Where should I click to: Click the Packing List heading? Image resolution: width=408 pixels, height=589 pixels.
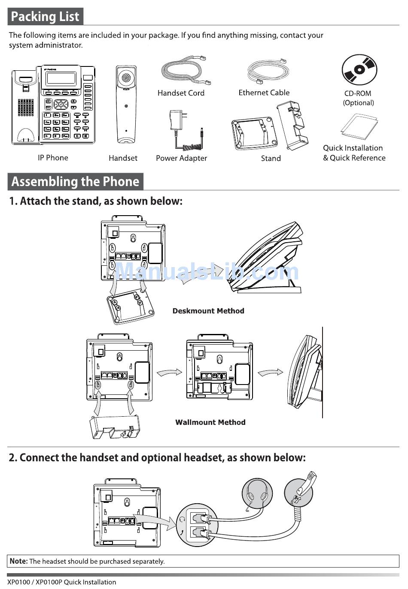click(45, 17)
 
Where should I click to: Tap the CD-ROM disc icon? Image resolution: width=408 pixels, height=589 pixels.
click(359, 70)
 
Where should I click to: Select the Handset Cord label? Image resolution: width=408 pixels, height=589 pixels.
click(181, 93)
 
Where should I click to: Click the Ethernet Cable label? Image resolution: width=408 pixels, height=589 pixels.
click(264, 93)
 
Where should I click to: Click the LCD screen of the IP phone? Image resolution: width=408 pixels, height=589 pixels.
click(61, 78)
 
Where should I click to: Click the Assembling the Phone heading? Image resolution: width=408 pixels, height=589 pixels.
click(75, 181)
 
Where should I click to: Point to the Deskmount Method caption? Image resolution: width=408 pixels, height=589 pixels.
click(208, 311)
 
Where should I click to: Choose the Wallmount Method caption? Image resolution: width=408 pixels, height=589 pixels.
click(210, 422)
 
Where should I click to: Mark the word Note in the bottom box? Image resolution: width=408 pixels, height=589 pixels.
click(18, 561)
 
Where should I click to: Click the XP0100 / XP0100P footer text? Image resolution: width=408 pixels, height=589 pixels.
click(61, 582)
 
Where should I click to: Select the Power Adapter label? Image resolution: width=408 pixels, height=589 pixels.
click(181, 158)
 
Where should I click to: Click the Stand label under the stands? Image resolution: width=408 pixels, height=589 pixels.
click(271, 158)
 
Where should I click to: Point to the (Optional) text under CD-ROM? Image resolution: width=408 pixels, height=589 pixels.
click(358, 103)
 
